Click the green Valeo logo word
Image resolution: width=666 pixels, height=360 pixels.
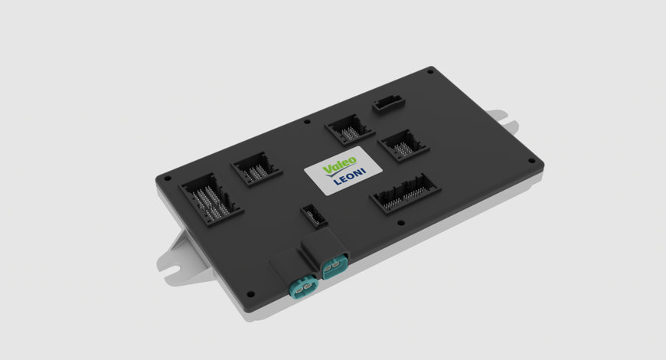click(340, 165)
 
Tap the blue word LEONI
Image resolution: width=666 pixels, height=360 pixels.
click(349, 176)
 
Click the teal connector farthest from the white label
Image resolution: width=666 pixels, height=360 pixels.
click(303, 287)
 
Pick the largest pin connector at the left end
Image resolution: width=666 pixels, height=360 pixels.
click(211, 199)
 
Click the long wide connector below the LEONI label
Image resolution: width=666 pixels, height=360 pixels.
click(406, 194)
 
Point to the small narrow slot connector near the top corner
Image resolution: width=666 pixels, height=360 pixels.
click(389, 103)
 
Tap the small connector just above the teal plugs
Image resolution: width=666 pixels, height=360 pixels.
click(314, 215)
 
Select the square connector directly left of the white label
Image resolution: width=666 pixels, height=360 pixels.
click(256, 169)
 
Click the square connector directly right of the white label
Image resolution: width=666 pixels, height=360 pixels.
click(403, 146)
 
